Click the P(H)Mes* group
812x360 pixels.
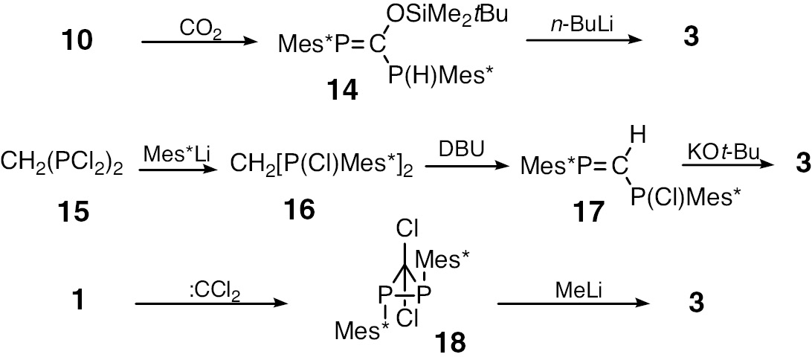pyautogui.click(x=439, y=74)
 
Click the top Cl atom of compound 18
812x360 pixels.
pyautogui.click(x=407, y=228)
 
